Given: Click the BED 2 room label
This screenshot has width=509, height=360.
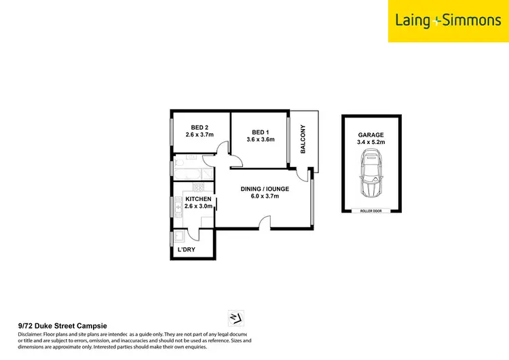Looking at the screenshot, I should [199, 127].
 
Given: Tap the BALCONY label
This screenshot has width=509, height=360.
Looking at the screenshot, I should [303, 139].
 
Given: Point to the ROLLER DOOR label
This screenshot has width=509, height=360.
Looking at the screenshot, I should [371, 211].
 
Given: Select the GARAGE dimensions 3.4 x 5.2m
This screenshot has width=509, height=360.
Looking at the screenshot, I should [371, 143].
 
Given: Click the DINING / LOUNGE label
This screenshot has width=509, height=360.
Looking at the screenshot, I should [265, 189].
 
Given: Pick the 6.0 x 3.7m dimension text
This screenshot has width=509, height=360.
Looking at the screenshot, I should [265, 197].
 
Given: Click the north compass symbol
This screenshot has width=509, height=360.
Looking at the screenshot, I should [237, 317].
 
